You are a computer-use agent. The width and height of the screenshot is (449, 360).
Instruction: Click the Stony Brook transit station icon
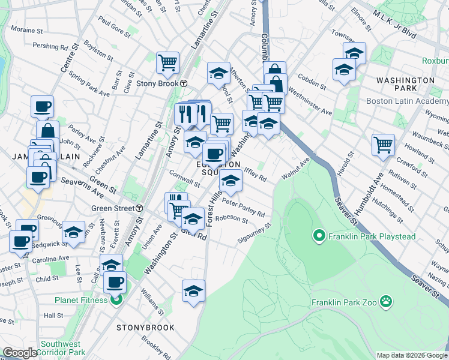pyautogui.click(x=184, y=83)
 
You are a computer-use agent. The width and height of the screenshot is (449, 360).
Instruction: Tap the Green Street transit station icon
pyautogui.click(x=139, y=208)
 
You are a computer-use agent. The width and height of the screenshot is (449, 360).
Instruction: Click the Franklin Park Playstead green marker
pyautogui.click(x=318, y=236)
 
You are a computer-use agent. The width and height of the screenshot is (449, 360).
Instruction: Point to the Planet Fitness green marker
pyautogui.click(x=116, y=299)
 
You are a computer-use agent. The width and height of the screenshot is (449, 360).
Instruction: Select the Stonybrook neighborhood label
pyautogui.click(x=145, y=328)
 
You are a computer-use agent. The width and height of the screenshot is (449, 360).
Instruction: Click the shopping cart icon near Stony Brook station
pyautogui.click(x=167, y=62)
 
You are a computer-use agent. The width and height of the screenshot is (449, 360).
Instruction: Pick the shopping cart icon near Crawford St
pyautogui.click(x=383, y=144)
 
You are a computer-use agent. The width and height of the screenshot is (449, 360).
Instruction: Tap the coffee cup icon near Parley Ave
pyautogui.click(x=42, y=107)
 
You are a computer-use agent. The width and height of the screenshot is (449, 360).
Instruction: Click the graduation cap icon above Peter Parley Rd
pyautogui.click(x=231, y=179)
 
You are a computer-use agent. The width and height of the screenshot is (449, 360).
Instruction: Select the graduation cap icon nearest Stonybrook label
pyautogui.click(x=193, y=291)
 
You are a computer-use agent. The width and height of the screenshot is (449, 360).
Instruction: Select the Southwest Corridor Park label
pyautogui.click(x=64, y=349)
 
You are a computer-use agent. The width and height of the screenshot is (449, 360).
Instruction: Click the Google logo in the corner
pyautogui.click(x=20, y=353)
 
